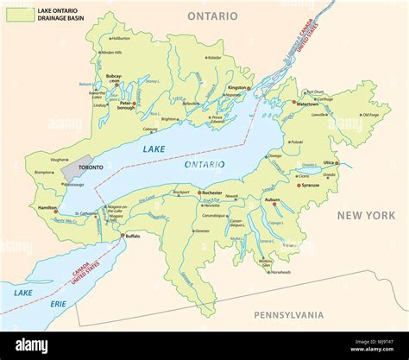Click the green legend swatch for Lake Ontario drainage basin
coord(17,15)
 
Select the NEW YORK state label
coord(364,214)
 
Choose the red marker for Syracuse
coord(299,185)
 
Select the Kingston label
coord(237,87)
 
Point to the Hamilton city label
coord(47,208)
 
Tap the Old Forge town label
coord(370,115)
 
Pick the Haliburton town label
coord(121,38)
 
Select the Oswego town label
coord(275,156)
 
